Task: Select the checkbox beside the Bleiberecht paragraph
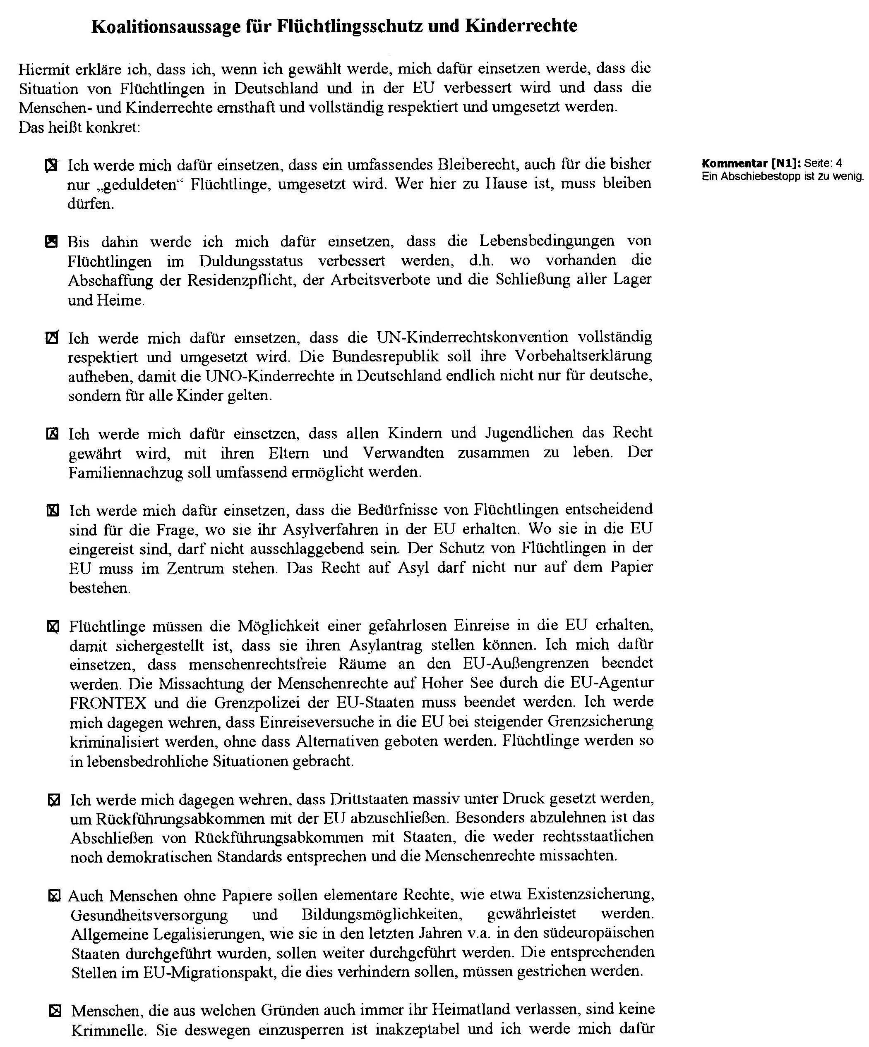click(51, 165)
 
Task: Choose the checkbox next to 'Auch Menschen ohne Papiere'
click(54, 896)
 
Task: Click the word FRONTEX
click(108, 703)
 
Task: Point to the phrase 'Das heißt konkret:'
click(79, 128)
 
